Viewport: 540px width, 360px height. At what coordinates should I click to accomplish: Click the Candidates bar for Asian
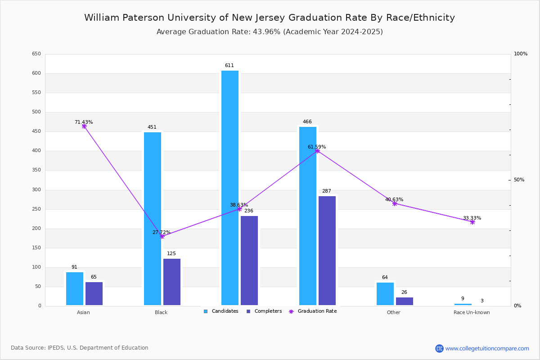pyautogui.click(x=75, y=288)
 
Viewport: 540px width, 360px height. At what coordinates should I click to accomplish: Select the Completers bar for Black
pyautogui.click(x=172, y=282)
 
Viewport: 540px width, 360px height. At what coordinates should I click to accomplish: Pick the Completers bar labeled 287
pyautogui.click(x=327, y=250)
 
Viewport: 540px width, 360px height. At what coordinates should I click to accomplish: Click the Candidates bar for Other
pyautogui.click(x=385, y=293)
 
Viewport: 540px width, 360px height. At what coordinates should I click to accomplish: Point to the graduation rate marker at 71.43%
pyautogui.click(x=84, y=126)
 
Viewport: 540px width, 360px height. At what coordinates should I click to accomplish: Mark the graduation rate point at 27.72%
pyautogui.click(x=162, y=236)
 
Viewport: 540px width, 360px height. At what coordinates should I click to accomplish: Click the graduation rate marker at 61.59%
pyautogui.click(x=317, y=151)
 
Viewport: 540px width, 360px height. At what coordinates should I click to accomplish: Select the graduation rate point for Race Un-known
pyautogui.click(x=472, y=222)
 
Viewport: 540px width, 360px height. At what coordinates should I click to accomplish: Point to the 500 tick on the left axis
pyautogui.click(x=36, y=112)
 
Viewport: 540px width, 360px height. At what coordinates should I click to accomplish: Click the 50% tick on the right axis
pyautogui.click(x=519, y=180)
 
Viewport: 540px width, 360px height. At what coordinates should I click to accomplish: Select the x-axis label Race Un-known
pyautogui.click(x=472, y=312)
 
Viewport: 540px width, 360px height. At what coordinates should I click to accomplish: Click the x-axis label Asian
pyautogui.click(x=83, y=312)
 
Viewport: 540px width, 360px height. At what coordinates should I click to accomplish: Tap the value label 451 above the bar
pyautogui.click(x=152, y=127)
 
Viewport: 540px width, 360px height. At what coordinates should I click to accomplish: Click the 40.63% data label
pyautogui.click(x=394, y=200)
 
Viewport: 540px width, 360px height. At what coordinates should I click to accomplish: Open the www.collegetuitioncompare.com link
pyautogui.click(x=487, y=348)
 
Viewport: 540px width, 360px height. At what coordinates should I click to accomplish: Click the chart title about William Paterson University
pyautogui.click(x=270, y=18)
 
